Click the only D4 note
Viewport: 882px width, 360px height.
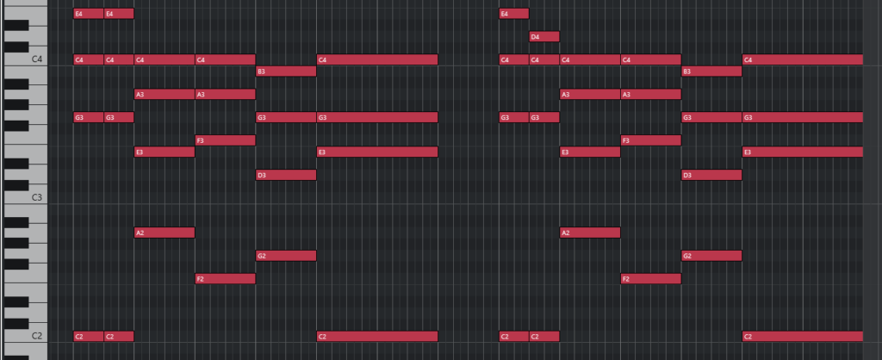click(544, 36)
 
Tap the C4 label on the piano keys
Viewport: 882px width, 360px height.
click(37, 59)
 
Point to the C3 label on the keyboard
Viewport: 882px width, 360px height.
click(37, 197)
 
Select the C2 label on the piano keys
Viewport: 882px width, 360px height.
click(37, 336)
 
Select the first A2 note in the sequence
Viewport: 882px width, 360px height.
click(165, 233)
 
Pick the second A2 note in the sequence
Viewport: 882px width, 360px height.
click(590, 233)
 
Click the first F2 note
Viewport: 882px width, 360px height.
click(225, 279)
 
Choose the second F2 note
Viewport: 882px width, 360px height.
click(651, 279)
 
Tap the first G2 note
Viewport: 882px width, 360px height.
click(286, 256)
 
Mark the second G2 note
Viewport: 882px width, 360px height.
click(711, 256)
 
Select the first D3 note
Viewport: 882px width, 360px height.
click(286, 175)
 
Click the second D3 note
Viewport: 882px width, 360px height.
click(711, 175)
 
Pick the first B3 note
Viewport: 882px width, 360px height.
click(286, 71)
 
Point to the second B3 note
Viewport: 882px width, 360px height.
click(711, 71)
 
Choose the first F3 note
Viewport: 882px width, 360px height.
click(225, 140)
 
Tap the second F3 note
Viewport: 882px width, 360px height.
click(651, 140)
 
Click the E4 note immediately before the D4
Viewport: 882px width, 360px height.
click(514, 14)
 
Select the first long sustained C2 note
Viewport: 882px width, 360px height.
click(377, 337)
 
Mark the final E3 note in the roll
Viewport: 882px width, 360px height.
click(803, 152)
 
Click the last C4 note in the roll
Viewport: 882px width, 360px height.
click(803, 59)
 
